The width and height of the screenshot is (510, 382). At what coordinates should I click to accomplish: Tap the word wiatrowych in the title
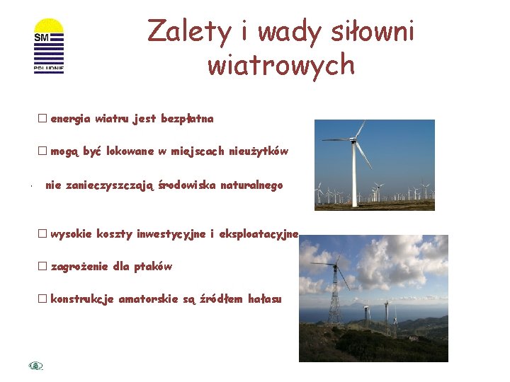pos(280,64)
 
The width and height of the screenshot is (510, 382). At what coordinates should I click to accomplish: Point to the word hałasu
pos(265,299)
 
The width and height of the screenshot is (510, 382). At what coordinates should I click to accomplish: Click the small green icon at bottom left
pos(36,366)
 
